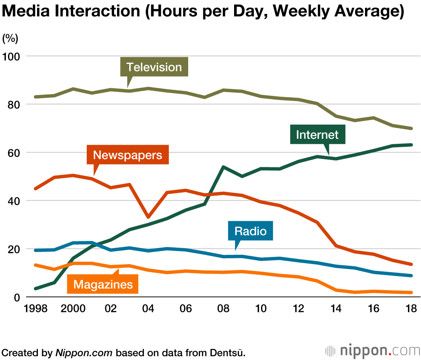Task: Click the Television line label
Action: pos(154,67)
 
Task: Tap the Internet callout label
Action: pos(317,135)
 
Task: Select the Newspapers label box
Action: pos(128,155)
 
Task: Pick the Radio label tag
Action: pos(250,231)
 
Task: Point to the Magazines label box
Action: pos(103,284)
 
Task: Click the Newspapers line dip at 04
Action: pos(148,217)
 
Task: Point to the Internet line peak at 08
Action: pos(223,167)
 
